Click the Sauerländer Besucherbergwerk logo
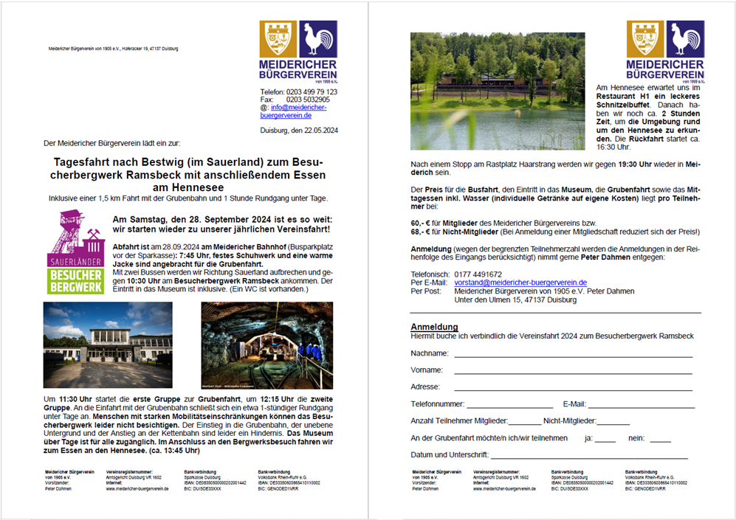pyautogui.click(x=76, y=252)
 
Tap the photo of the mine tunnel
pyautogui.click(x=266, y=345)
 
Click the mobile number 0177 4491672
pyautogui.click(x=479, y=274)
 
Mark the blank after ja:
pyautogui.click(x=605, y=441)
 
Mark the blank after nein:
pyautogui.click(x=661, y=441)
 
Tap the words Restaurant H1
pyautogui.click(x=625, y=97)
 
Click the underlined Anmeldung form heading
pyautogui.click(x=434, y=327)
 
